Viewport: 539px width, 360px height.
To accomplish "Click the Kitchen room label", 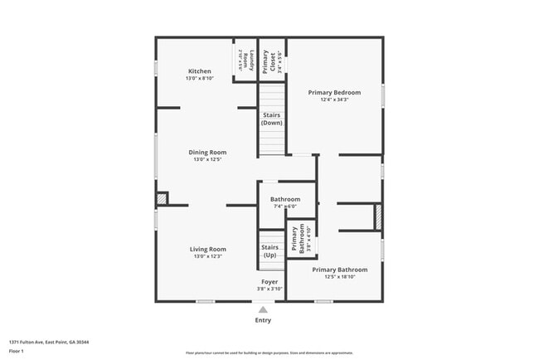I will [x=200, y=72].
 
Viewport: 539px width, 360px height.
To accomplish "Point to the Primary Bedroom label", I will [x=334, y=93].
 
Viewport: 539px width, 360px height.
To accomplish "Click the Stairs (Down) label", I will [x=272, y=119].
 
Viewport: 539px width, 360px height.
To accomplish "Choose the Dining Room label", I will [x=207, y=153].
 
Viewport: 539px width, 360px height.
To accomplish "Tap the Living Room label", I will [x=208, y=249].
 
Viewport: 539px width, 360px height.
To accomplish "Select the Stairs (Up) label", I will [x=270, y=251].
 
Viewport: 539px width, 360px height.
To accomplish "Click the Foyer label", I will [x=269, y=282].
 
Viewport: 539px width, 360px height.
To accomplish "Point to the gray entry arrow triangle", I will [x=263, y=309].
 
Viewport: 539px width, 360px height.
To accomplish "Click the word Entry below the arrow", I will [x=263, y=320].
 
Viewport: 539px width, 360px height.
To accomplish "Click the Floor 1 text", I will [x=17, y=351].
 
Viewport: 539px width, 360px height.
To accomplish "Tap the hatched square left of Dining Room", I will [x=162, y=198].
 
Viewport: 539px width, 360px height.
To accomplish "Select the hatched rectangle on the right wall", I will [x=378, y=216].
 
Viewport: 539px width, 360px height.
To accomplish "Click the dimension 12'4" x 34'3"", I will [x=334, y=100].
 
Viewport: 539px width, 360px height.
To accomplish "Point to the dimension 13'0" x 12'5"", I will [x=207, y=160].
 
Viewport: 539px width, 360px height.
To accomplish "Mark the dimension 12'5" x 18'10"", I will [x=340, y=277].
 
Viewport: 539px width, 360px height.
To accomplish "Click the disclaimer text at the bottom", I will [x=269, y=353].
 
